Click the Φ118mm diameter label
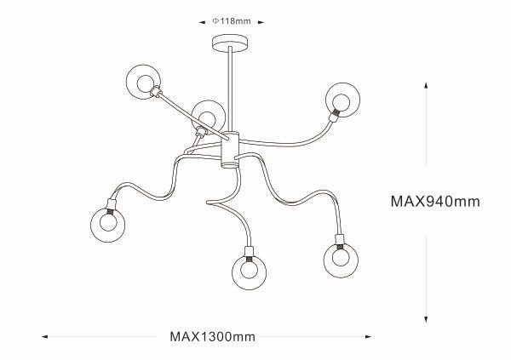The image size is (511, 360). click(232, 21)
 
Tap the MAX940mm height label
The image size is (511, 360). click(435, 202)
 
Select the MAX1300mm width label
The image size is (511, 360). click(212, 336)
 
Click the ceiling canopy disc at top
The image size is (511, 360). click(230, 43)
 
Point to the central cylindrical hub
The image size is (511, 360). click(229, 150)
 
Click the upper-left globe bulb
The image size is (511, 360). click(143, 82)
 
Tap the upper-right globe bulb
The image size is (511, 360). click(342, 100)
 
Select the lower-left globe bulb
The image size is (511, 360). click(108, 225)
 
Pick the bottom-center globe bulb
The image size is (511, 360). click(249, 272)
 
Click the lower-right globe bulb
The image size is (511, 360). click(341, 260)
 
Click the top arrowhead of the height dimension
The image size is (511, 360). click(426, 85)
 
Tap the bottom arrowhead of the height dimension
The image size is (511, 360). click(426, 319)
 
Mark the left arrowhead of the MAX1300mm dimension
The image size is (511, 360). click(45, 336)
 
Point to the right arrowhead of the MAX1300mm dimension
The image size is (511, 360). click(368, 336)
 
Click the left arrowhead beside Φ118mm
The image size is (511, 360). click(202, 22)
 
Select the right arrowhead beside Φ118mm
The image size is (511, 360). click(261, 22)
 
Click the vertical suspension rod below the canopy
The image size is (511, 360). click(231, 89)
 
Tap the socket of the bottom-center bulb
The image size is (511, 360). click(249, 254)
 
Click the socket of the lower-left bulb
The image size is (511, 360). click(111, 206)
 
